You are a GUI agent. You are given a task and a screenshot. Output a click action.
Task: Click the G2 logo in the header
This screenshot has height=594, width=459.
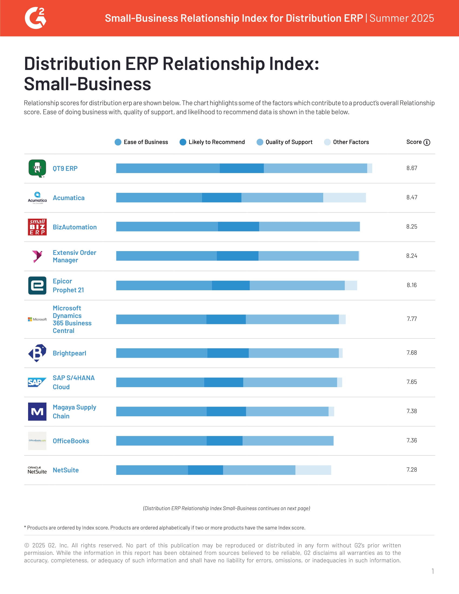pos(35,18)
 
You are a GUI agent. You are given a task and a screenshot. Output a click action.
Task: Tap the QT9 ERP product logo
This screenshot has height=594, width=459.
pos(37,168)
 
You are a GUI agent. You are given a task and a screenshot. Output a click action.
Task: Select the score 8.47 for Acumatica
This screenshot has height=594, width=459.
pos(412,197)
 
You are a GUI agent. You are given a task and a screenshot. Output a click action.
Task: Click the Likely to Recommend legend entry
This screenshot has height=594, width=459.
pos(212,142)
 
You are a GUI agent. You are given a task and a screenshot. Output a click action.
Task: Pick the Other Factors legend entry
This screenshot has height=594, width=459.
pos(346,142)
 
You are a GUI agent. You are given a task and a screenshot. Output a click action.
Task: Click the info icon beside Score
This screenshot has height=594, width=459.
pos(427,142)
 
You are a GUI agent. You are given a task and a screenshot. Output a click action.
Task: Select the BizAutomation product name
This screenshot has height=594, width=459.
pos(75,227)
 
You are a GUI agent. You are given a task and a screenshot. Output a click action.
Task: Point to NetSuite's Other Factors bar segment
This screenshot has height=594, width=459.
pos(313,470)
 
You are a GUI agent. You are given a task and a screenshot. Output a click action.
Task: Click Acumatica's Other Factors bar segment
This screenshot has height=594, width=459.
pos(344,197)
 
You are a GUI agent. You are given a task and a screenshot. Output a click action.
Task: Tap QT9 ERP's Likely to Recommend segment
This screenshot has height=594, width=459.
pos(241,168)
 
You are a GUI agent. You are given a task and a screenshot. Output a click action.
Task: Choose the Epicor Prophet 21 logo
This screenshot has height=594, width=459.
pos(37,285)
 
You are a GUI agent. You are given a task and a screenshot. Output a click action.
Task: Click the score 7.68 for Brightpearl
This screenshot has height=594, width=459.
pos(412,353)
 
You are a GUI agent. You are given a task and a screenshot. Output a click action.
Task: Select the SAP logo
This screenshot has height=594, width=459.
pos(37,382)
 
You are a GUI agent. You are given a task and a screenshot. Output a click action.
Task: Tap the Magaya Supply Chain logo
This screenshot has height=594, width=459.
pos(37,411)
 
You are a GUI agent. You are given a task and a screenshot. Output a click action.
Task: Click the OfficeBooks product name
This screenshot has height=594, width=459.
pos(71,441)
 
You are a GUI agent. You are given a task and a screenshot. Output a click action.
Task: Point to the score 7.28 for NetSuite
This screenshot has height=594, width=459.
pos(412,470)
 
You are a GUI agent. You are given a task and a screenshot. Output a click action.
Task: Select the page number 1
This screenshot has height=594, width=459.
pos(433,571)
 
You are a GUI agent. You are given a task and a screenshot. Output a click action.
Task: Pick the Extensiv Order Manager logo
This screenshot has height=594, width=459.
pos(37,256)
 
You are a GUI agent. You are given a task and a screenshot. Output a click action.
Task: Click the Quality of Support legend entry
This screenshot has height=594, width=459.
pos(284,142)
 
